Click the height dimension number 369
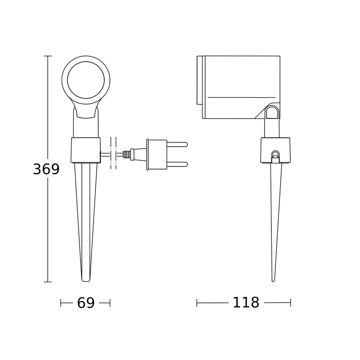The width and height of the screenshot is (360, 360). pos(46,169)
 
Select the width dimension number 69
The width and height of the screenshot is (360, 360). pos(85,302)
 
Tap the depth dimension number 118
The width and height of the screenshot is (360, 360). pos(246,302)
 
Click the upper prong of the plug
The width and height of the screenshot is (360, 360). pos(177,144)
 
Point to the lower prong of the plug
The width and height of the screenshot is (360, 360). pos(177,164)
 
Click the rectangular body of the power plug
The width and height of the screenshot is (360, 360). pos(157,154)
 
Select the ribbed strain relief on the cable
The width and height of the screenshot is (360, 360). pos(126,154)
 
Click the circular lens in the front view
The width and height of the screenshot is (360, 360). pos(86,80)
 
